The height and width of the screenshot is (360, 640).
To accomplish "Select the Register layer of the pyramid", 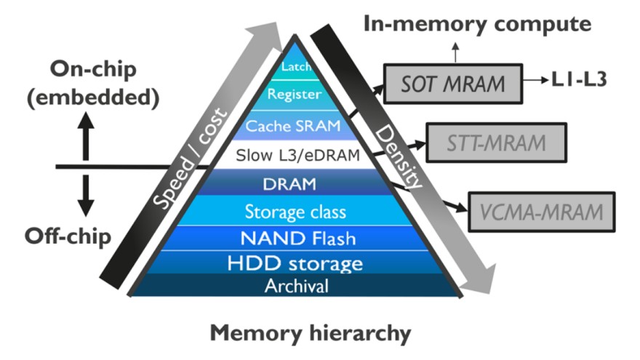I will click(295, 94).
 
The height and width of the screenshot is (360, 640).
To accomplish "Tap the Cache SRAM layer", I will click(293, 126).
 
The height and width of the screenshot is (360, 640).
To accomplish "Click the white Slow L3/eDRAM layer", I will click(293, 155).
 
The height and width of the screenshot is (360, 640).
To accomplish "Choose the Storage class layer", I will click(294, 212).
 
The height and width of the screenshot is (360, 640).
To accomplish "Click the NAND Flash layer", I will click(294, 237).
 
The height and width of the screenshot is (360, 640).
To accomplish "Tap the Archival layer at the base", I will click(294, 285).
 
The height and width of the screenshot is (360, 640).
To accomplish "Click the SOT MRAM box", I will click(452, 83).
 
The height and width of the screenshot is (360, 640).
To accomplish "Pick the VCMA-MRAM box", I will click(542, 212).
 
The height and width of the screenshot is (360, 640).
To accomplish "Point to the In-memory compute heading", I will click(477, 23).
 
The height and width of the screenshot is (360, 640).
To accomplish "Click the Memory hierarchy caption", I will click(311, 334).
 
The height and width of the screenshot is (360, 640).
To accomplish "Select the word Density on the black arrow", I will click(396, 156).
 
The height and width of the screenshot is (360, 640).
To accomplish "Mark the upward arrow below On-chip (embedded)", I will click(87, 135).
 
